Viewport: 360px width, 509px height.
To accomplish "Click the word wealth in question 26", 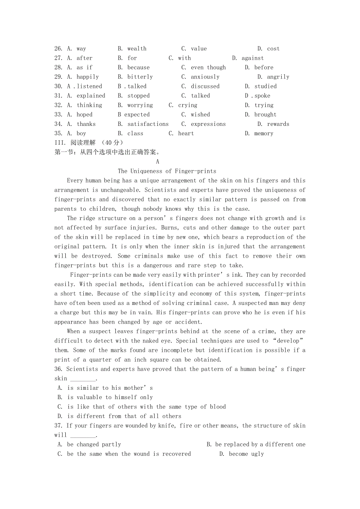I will tap(137, 49).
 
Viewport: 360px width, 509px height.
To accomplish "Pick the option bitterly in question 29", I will tap(140, 77).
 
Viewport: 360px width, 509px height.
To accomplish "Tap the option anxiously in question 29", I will tap(205, 77).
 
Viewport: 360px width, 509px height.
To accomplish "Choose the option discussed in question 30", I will tap(205, 86).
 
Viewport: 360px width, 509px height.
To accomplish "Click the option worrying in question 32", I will tap(140, 105).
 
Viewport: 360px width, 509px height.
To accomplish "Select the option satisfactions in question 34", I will tap(148, 124).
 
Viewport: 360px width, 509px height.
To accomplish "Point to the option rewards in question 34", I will tap(278, 124).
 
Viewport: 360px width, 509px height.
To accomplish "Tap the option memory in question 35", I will tap(264, 134).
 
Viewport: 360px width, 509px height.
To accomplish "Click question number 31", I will tap(58, 96).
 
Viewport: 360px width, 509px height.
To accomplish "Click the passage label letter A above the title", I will tap(157, 162).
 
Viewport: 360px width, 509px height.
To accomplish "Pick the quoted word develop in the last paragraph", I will tap(288, 341).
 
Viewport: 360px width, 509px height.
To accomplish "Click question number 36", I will tap(58, 369).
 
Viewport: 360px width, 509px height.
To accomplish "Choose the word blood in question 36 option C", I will tap(218, 407).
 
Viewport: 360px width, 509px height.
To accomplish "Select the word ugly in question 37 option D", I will tap(257, 454).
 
